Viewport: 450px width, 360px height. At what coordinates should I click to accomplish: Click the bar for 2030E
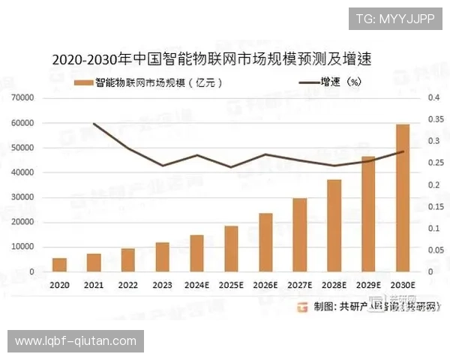403,198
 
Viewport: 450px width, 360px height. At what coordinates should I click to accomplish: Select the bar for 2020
59,265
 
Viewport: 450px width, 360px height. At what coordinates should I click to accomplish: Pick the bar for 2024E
196,253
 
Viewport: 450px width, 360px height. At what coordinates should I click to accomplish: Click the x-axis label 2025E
230,285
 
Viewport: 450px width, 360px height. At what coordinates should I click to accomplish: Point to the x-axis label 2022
127,285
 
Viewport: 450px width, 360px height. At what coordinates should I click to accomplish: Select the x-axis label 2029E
368,285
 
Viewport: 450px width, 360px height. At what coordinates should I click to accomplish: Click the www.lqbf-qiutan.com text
75,341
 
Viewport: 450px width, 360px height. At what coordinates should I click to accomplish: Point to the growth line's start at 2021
94,123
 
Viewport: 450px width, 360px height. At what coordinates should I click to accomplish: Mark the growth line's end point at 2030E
403,151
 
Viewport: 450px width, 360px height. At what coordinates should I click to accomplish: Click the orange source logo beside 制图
303,306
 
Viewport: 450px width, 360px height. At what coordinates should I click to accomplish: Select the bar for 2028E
334,226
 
